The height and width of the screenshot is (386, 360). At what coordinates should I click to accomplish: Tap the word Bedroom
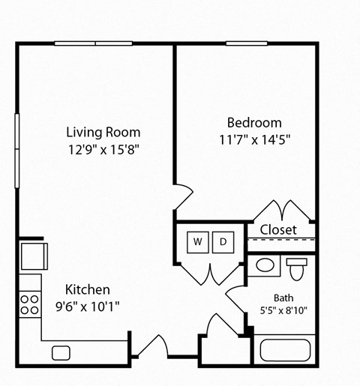coord(254,122)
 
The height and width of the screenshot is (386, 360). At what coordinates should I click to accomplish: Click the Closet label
coord(278,229)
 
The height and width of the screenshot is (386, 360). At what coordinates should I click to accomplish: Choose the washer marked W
coord(197,241)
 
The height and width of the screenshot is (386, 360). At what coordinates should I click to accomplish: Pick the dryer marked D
coord(223,241)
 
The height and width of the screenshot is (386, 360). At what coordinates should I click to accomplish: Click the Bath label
coord(283,297)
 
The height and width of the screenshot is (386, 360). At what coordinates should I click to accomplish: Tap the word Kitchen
coord(87,289)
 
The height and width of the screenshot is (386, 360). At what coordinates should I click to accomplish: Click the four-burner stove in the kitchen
coord(29,304)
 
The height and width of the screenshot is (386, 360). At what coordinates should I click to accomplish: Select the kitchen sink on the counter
coord(61,352)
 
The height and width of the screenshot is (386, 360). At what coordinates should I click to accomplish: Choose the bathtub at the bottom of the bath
coord(286,350)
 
